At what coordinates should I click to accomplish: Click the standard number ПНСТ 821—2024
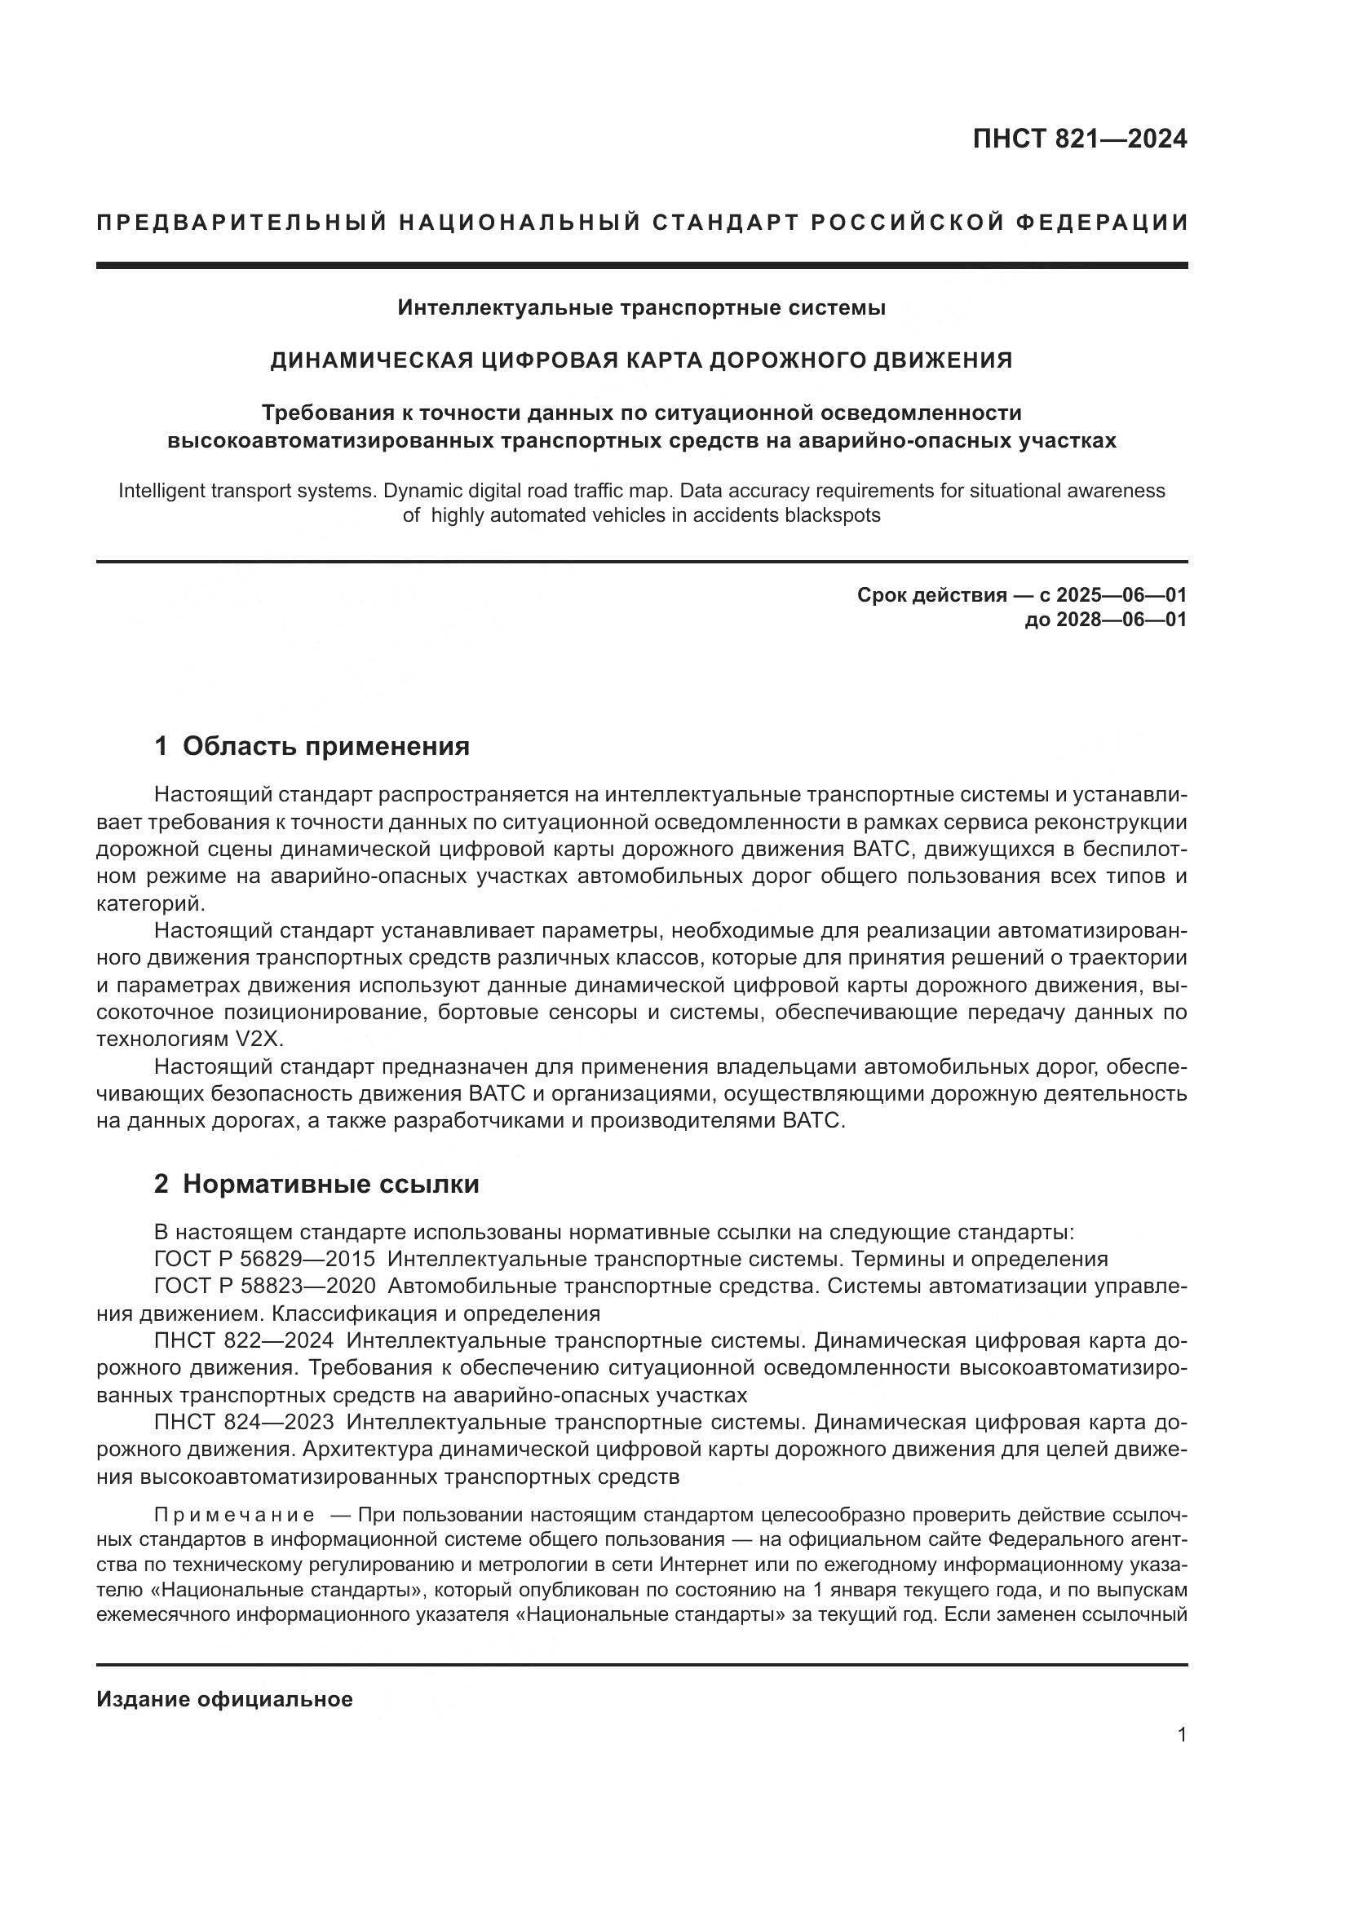point(1079,139)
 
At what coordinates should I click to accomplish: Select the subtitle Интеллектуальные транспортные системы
point(641,308)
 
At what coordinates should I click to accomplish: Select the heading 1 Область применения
point(312,747)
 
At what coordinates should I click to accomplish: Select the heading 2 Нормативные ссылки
point(316,1185)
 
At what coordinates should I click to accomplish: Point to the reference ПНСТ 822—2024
point(244,1341)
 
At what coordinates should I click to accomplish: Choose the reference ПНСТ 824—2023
point(244,1423)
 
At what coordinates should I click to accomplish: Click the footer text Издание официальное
point(224,1699)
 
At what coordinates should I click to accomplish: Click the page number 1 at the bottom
point(1181,1735)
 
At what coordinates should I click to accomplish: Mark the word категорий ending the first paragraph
point(149,903)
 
